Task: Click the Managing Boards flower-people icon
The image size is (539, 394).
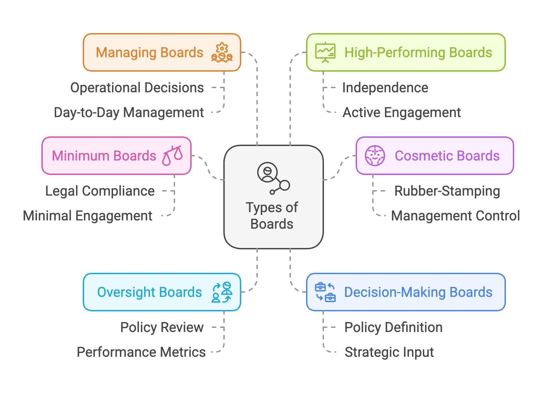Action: pos(222,53)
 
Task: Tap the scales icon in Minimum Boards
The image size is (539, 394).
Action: pos(172,156)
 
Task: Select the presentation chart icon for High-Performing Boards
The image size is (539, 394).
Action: pos(325,53)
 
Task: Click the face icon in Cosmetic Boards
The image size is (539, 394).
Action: pos(375,156)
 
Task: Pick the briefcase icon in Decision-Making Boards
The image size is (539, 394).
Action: pos(325,292)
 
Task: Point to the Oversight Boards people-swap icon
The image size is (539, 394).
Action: pos(222,292)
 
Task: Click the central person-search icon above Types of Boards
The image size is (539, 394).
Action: pos(273,178)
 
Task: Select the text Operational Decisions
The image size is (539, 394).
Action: pos(137,88)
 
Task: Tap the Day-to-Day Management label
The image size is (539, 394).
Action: pos(129,113)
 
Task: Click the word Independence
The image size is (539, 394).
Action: pos(385,88)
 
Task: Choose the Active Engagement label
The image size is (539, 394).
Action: pos(401,113)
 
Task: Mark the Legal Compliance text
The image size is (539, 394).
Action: pos(100,191)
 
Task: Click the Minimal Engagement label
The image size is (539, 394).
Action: pos(88,216)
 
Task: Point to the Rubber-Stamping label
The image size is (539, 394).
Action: pos(447,191)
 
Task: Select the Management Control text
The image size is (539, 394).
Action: pos(455,216)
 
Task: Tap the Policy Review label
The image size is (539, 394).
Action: pos(162,328)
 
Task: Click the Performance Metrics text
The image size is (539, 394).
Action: pos(141,352)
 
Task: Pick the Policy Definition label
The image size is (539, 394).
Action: pos(393,328)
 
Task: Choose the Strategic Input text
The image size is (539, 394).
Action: pos(389,352)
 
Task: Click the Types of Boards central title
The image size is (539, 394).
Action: pos(272,216)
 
